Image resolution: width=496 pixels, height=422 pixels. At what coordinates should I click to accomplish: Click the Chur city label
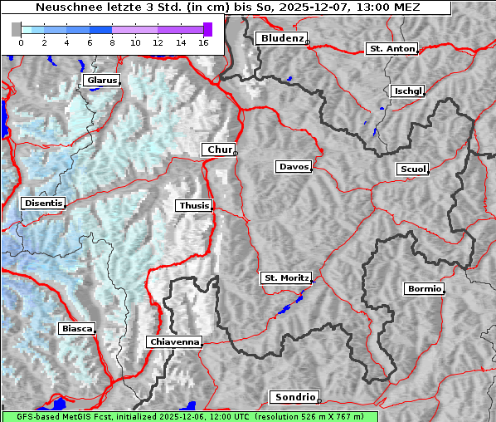click(219, 150)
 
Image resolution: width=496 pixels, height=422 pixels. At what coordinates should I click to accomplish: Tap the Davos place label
click(293, 167)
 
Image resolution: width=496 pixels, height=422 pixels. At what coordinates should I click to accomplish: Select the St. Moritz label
click(285, 277)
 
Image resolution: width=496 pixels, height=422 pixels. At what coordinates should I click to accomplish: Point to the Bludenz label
click(280, 38)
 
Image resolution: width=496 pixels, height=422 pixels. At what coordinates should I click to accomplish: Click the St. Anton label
click(391, 49)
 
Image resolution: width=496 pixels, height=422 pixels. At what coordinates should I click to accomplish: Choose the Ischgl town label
click(408, 91)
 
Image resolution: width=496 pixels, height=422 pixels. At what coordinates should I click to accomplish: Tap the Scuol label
click(412, 169)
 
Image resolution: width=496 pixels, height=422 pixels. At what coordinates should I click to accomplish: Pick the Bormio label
click(424, 289)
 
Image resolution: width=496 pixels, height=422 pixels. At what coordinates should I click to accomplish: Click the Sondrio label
click(294, 397)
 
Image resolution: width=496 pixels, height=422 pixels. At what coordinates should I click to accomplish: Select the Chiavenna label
click(174, 341)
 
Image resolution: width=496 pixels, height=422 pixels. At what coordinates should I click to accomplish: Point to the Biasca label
click(77, 329)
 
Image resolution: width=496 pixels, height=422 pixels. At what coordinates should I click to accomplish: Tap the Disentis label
click(43, 203)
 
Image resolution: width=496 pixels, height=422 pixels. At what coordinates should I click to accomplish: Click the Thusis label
click(193, 205)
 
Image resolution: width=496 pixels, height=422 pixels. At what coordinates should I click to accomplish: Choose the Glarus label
click(100, 81)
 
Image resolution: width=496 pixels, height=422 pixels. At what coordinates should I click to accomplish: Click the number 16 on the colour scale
click(203, 42)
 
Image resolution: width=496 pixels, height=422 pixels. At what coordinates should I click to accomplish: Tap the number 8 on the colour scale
click(112, 42)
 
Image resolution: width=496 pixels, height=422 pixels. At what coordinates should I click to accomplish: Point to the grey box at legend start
click(17, 29)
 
